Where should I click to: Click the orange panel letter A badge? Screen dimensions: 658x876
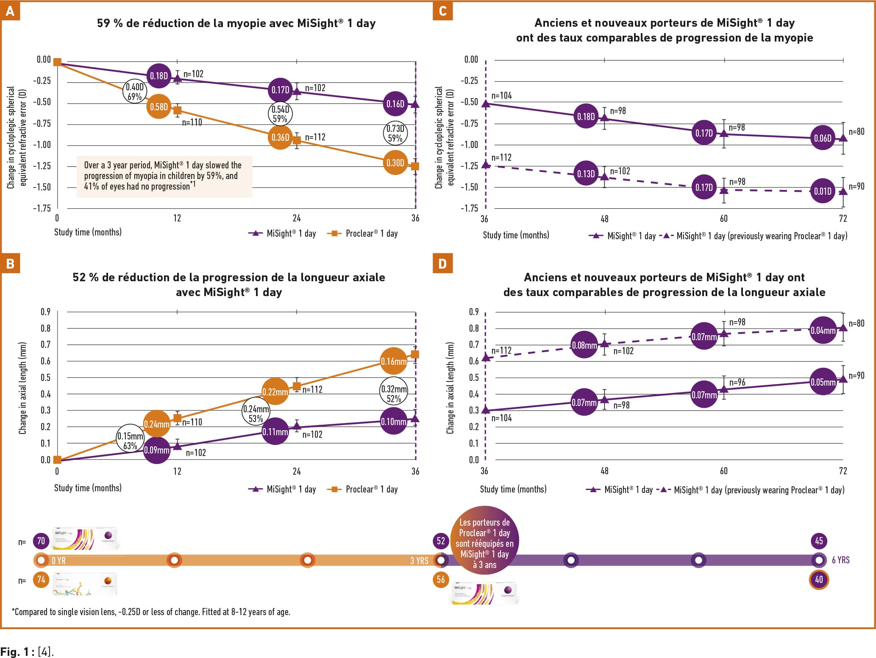pos(10,11)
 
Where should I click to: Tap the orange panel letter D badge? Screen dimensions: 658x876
pos(442,263)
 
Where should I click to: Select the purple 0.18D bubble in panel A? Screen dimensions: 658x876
pos(159,76)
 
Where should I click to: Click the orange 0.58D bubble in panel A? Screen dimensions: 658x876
pos(159,107)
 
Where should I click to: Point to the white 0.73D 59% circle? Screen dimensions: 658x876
pos(395,133)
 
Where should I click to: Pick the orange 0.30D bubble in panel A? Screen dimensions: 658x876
pos(395,162)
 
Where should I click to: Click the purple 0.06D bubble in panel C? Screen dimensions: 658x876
pos(823,138)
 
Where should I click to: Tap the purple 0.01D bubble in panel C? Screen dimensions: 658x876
pos(823,191)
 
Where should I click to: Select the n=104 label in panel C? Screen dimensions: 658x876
pos(502,96)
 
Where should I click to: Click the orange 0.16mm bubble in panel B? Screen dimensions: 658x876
pos(394,361)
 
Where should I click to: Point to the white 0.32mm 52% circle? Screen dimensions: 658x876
pos(394,394)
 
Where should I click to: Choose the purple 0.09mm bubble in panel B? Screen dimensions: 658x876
pos(157,450)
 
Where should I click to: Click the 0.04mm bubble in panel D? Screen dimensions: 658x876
pos(823,330)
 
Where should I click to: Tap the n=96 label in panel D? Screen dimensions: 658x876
pos(737,382)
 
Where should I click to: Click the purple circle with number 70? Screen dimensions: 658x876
pos(41,541)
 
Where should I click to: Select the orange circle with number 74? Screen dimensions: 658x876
pos(41,580)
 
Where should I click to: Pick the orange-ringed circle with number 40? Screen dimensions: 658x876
pos(819,580)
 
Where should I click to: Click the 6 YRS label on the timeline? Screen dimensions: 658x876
pos(840,560)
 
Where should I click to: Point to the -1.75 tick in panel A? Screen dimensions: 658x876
pos(42,208)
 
